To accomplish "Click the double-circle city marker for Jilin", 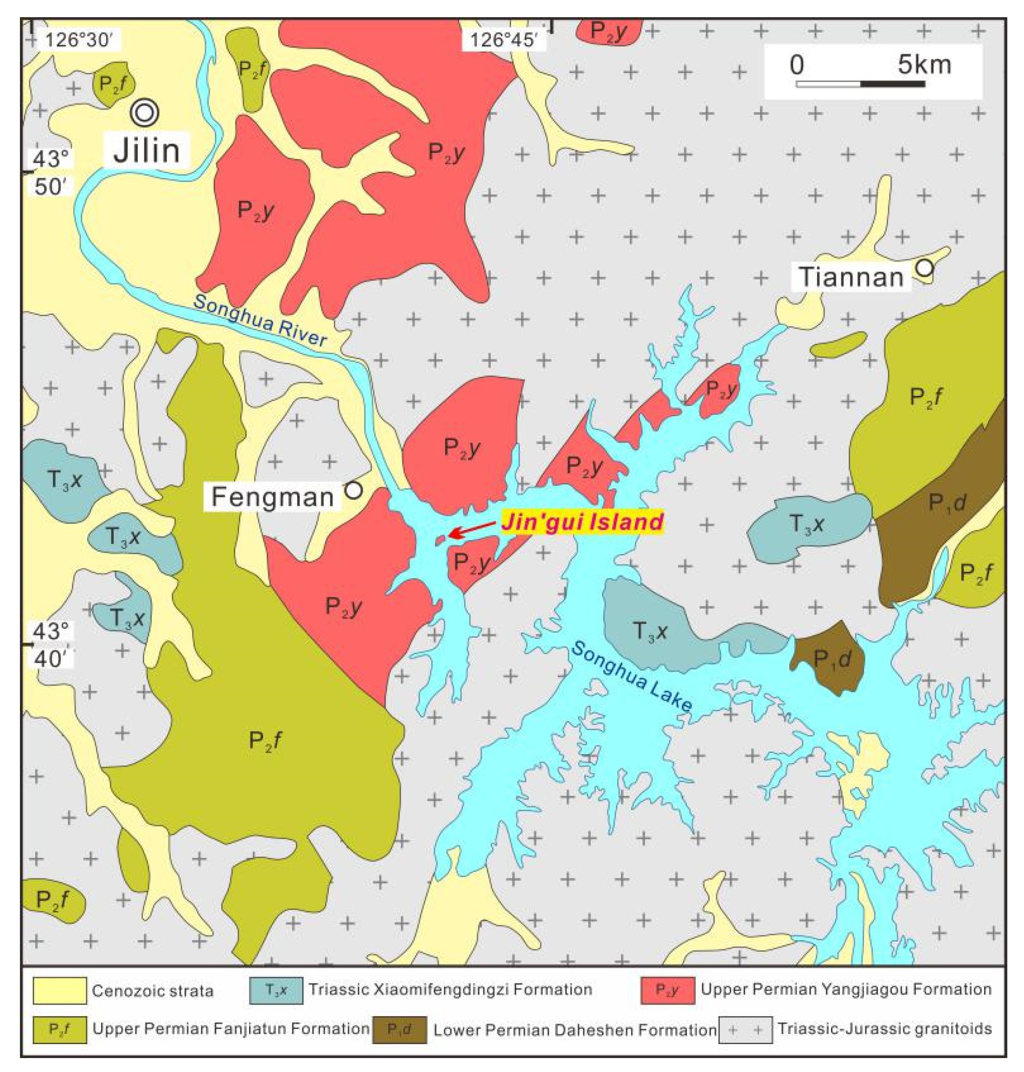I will coord(145,112).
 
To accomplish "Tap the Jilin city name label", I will coord(147,151).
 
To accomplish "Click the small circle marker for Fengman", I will coord(354,491).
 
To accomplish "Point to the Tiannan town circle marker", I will coord(925,268).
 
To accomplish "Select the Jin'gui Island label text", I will coord(582,522).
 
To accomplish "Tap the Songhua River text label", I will coord(260,321).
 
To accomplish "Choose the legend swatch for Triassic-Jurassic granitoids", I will coord(745,1030).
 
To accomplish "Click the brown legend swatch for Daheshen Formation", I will coord(399,1030).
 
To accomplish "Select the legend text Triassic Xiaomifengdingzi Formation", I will coord(450,989).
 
